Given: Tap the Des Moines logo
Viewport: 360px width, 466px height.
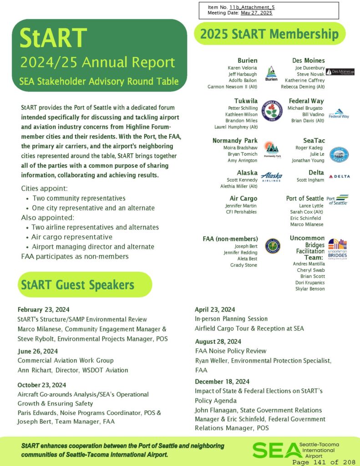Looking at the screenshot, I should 340,72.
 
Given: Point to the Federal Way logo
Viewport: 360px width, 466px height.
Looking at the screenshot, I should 339,114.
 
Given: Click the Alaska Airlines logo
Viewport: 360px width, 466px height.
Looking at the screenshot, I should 272,177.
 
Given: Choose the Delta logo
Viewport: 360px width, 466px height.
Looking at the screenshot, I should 339,176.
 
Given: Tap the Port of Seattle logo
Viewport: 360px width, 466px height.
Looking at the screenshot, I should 338,200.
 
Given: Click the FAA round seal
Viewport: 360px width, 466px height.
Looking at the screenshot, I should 273,246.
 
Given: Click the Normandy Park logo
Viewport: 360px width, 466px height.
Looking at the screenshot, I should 272,149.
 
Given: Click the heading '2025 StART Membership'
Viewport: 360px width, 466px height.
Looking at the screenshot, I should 269,34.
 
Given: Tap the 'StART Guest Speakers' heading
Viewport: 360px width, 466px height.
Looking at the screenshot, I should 76,285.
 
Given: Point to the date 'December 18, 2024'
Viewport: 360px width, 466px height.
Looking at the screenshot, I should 222,381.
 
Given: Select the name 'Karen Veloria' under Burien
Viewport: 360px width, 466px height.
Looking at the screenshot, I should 243,68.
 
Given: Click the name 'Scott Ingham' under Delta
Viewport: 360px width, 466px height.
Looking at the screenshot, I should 310,180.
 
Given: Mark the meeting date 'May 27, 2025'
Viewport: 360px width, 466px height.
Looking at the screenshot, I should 256,13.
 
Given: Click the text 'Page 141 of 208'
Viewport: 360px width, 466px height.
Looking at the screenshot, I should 325,462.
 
